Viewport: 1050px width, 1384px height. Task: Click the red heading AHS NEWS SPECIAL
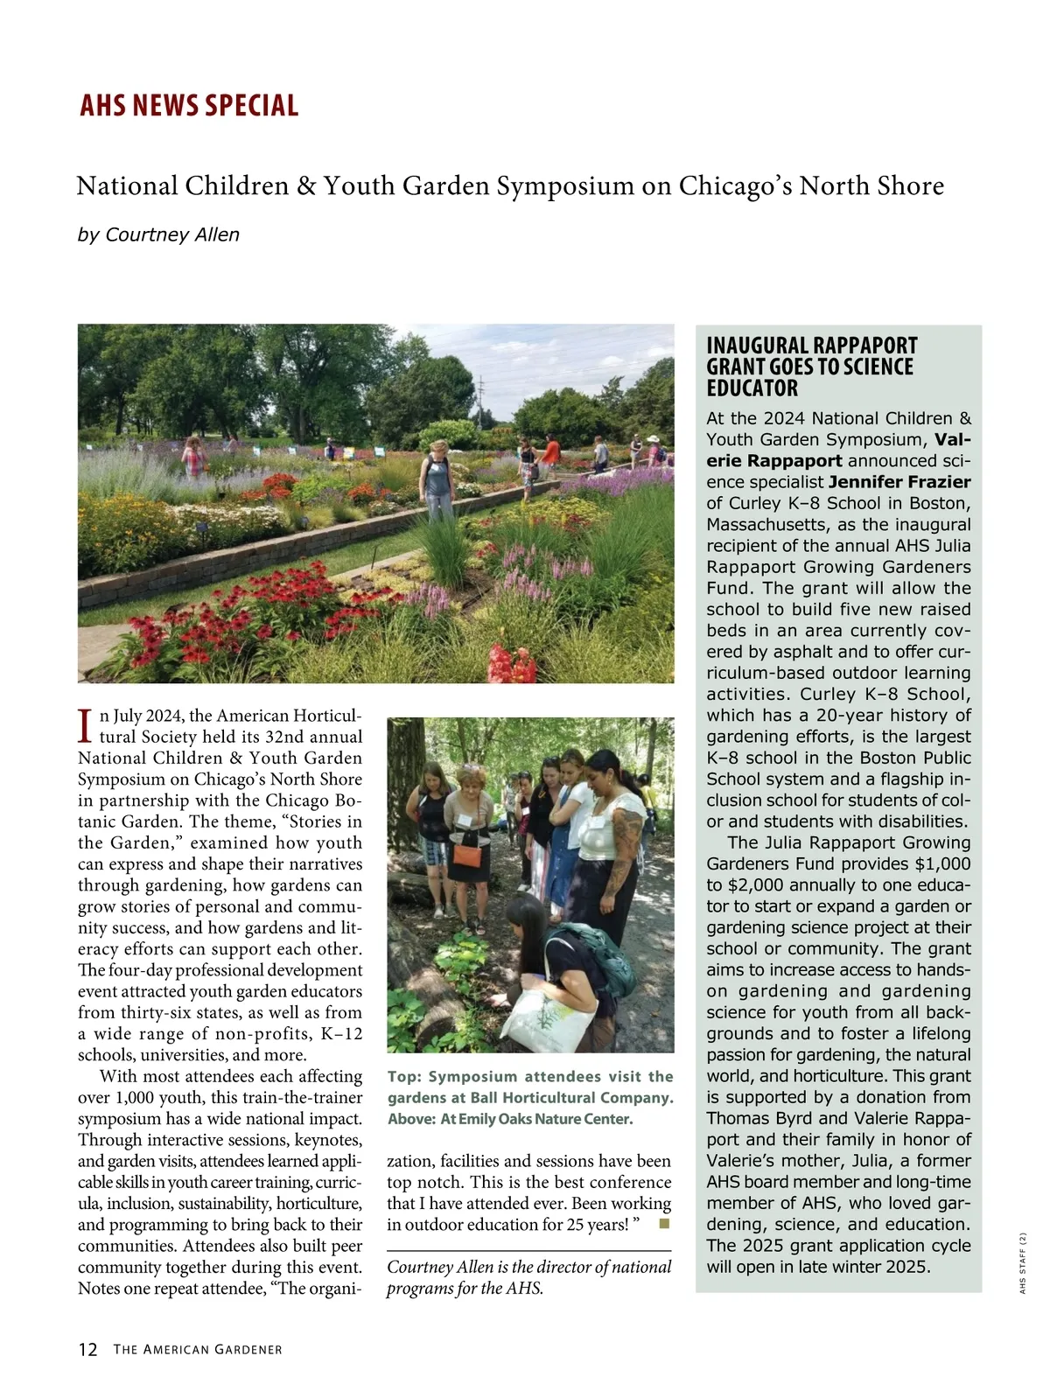coord(189,105)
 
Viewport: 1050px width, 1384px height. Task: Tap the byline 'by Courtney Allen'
coord(158,234)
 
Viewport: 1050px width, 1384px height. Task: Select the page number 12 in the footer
coord(87,1349)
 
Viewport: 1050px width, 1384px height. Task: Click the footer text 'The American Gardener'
coord(198,1350)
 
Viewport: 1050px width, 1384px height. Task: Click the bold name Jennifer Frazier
coord(899,482)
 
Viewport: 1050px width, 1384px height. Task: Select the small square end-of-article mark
coord(663,1223)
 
